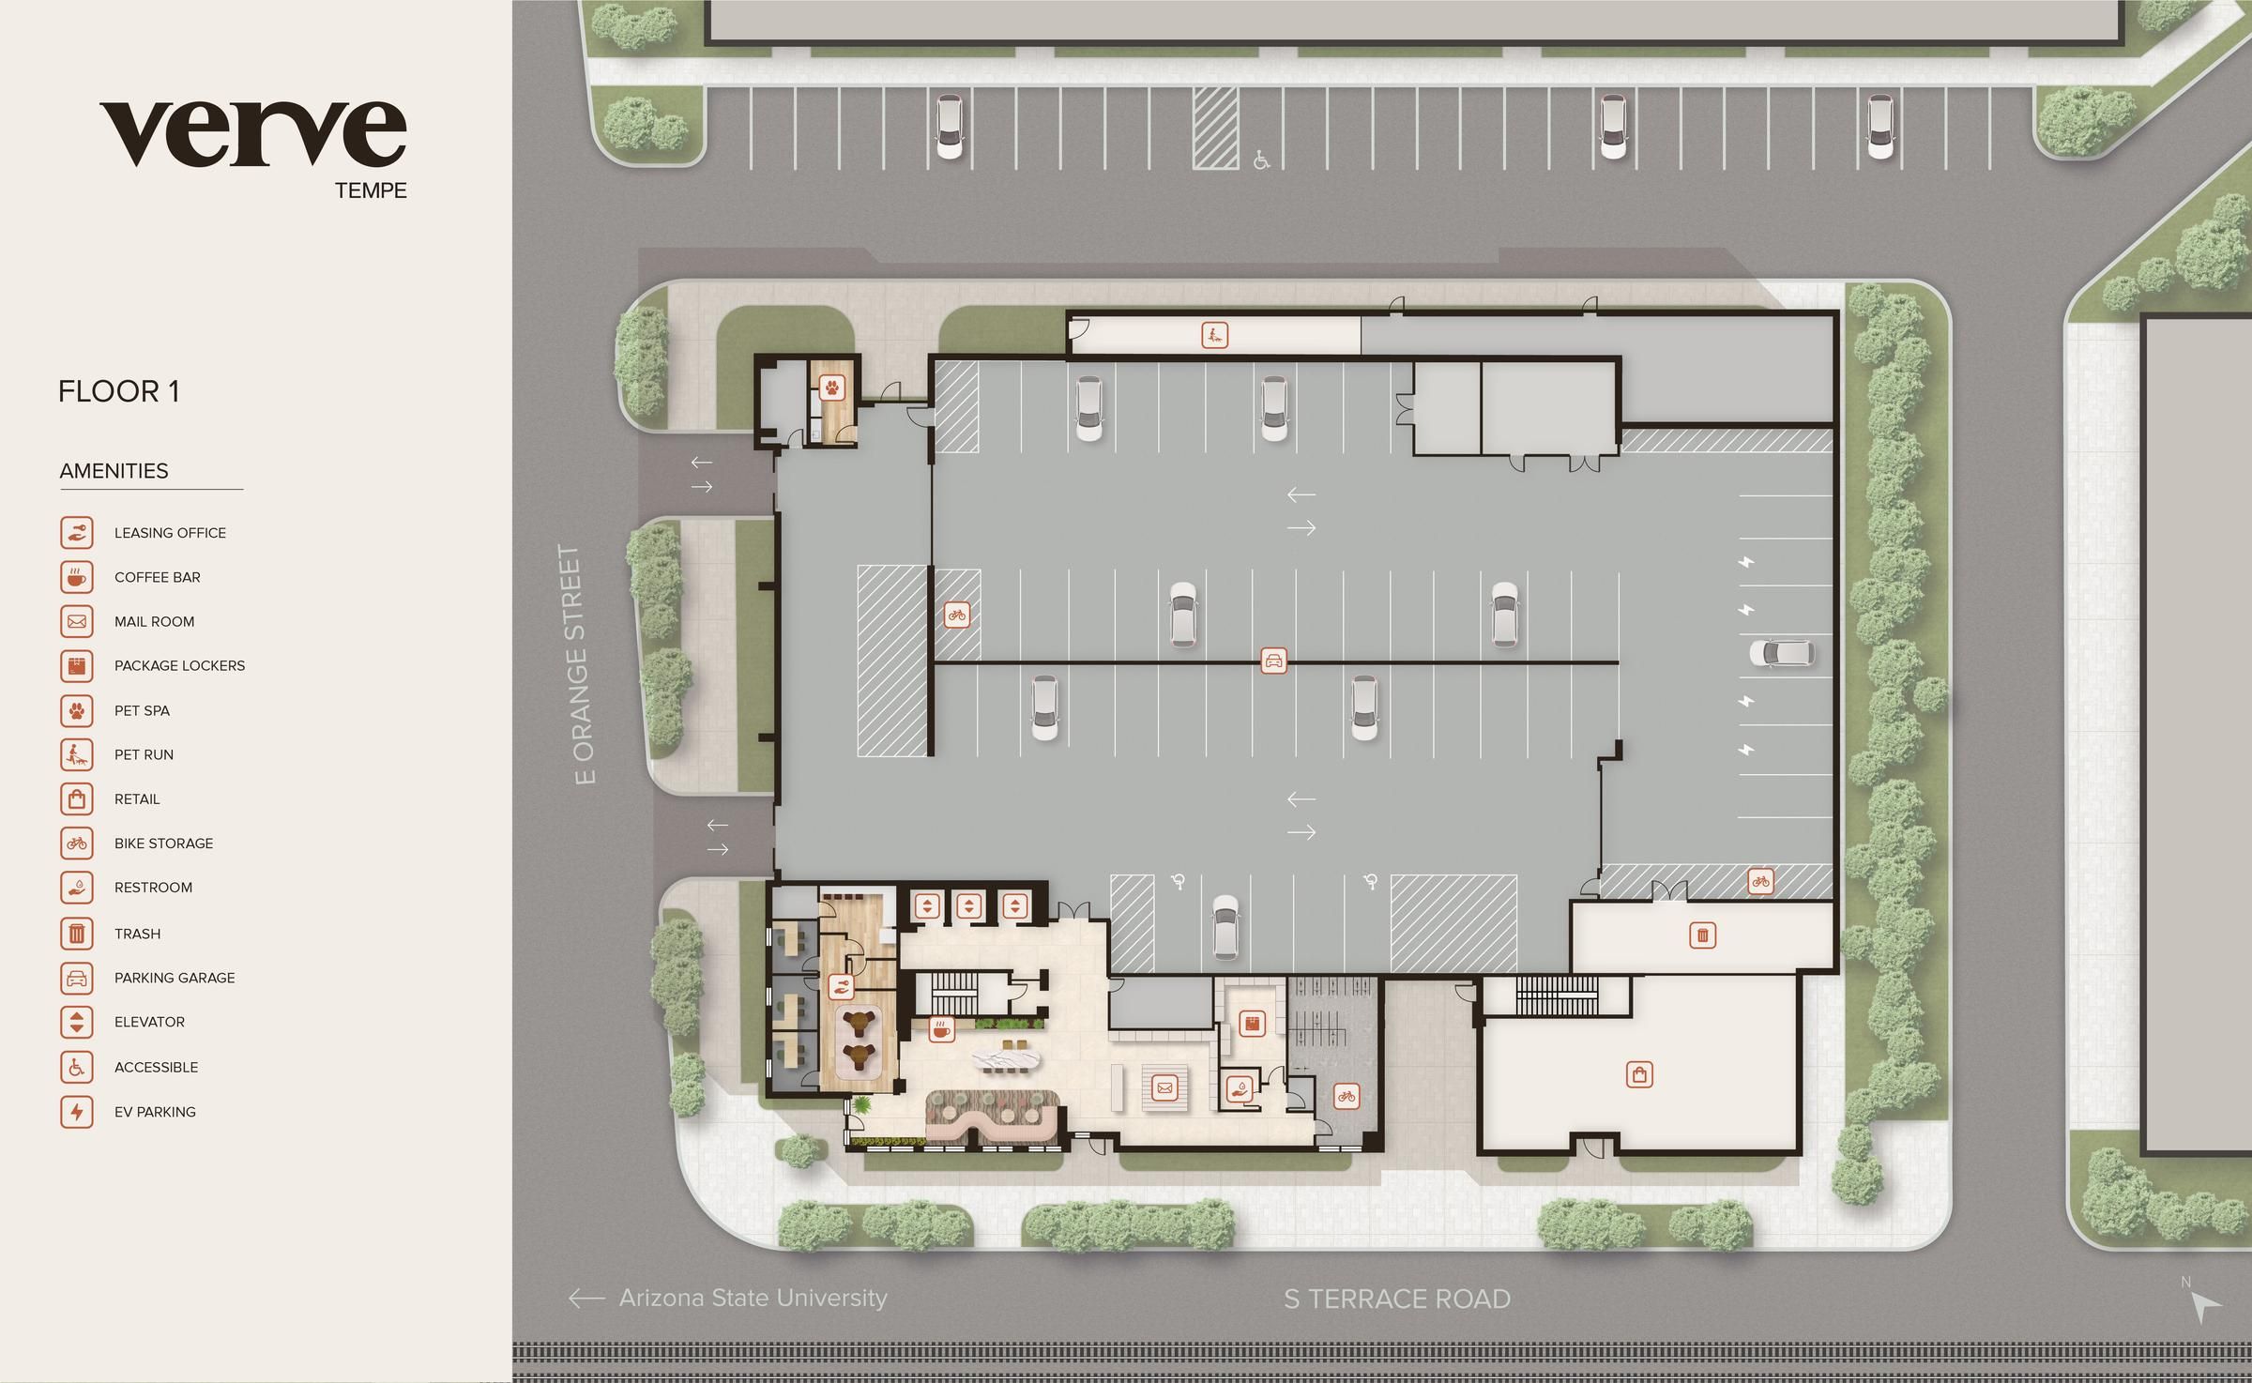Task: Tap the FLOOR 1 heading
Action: [x=118, y=391]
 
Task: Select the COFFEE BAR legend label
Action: [x=157, y=577]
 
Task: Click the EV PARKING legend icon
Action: [x=77, y=1112]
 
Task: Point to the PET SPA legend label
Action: [x=142, y=710]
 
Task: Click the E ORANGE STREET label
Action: [x=583, y=664]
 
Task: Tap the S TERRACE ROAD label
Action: [x=1396, y=1299]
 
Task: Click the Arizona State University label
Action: [x=753, y=1298]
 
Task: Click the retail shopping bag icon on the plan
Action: [x=1639, y=1074]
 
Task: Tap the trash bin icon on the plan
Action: [x=1702, y=935]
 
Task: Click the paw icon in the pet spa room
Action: [x=832, y=387]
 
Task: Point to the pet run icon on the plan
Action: [x=1214, y=335]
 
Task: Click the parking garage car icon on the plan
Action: [x=1273, y=661]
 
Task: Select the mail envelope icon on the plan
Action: [x=1164, y=1088]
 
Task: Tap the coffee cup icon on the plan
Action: [x=940, y=1029]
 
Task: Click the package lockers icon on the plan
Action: [x=1251, y=1024]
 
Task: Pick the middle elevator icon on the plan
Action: [x=968, y=906]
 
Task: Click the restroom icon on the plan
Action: [x=1240, y=1089]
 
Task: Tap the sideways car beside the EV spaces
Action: [x=1781, y=653]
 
